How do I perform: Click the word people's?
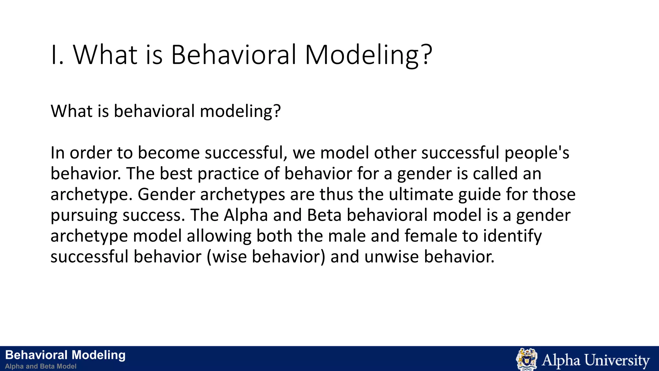pyautogui.click(x=537, y=153)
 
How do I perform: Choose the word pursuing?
pyautogui.click(x=84, y=215)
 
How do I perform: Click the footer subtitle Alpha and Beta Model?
pyautogui.click(x=41, y=366)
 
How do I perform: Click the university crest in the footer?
pyautogui.click(x=526, y=359)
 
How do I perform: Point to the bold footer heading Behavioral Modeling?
pyautogui.click(x=65, y=355)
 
